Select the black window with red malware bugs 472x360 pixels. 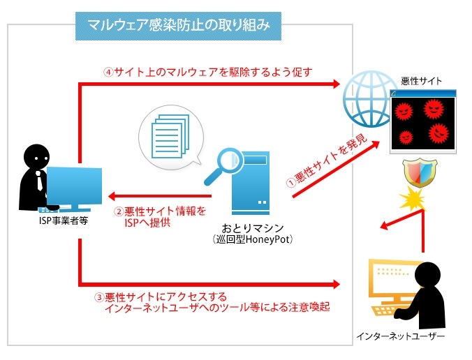[424, 121]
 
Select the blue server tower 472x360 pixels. [251, 183]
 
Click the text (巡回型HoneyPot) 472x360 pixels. [252, 240]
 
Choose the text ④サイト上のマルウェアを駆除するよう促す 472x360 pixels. [207, 71]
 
